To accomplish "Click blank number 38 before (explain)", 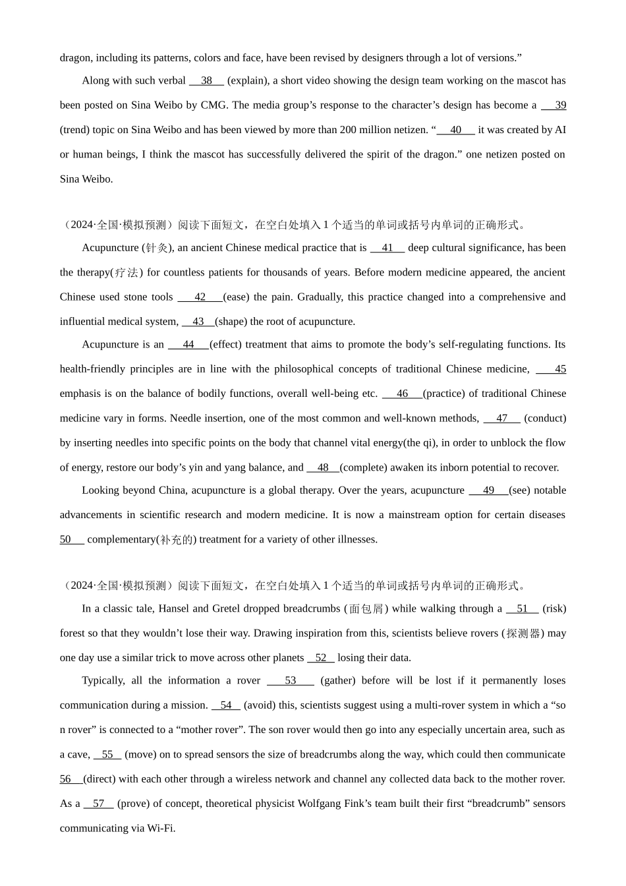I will [x=206, y=81].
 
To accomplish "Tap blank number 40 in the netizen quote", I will [x=455, y=130].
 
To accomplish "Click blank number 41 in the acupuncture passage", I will [x=387, y=248].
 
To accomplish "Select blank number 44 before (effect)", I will [x=188, y=345].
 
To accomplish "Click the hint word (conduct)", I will [x=545, y=419].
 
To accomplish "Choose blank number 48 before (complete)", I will [x=323, y=468].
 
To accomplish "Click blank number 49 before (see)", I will [x=488, y=490].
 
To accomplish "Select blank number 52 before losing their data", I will [x=321, y=658].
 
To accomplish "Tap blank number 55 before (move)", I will [x=107, y=755].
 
